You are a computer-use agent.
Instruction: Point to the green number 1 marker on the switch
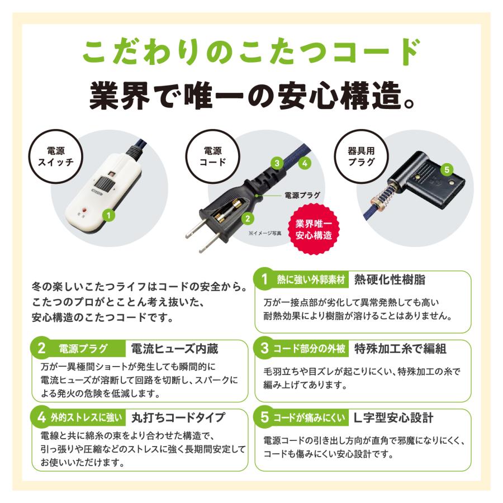click(x=110, y=214)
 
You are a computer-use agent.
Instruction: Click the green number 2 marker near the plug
click(x=248, y=219)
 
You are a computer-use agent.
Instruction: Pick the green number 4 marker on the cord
click(x=305, y=163)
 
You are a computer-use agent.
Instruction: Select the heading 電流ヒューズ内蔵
click(x=173, y=349)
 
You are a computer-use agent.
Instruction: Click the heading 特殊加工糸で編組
click(x=400, y=349)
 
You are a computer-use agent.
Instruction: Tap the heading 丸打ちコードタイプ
click(x=178, y=417)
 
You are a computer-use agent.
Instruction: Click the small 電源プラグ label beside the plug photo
click(x=302, y=196)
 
